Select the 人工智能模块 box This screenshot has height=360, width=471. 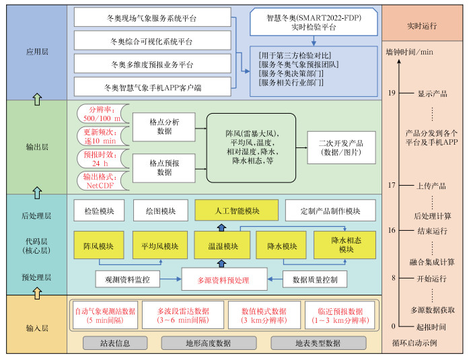227,211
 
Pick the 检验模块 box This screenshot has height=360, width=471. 99,211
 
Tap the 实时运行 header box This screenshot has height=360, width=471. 423,26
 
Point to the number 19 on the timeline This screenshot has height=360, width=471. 391,93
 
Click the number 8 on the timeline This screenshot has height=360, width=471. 392,277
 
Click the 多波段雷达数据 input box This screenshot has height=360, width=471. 183,315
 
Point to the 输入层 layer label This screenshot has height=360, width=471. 37,328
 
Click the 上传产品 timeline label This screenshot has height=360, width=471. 431,185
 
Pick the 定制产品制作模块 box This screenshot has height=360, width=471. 330,211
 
